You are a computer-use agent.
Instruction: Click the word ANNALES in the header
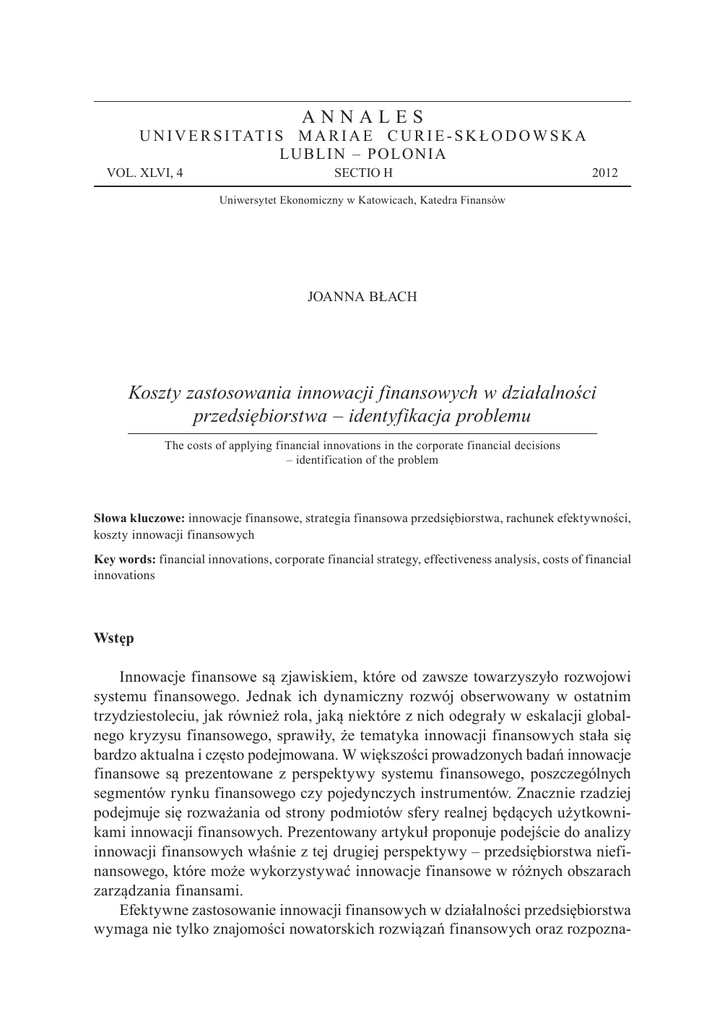click(362, 117)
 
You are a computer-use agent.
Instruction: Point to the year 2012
click(605, 173)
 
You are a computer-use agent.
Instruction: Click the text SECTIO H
click(362, 173)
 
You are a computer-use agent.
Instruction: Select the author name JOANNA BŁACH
click(362, 296)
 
